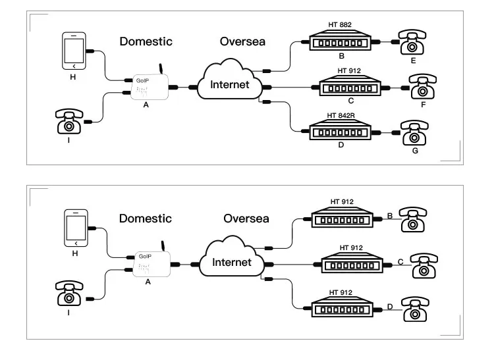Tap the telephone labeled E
412,43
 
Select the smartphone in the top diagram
74,51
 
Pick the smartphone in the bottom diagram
76,228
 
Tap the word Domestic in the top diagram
146,41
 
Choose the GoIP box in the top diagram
150,86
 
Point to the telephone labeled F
422,87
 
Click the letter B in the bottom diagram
391,215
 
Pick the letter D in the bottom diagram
391,306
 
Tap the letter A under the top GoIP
146,105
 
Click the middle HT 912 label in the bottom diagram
350,248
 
